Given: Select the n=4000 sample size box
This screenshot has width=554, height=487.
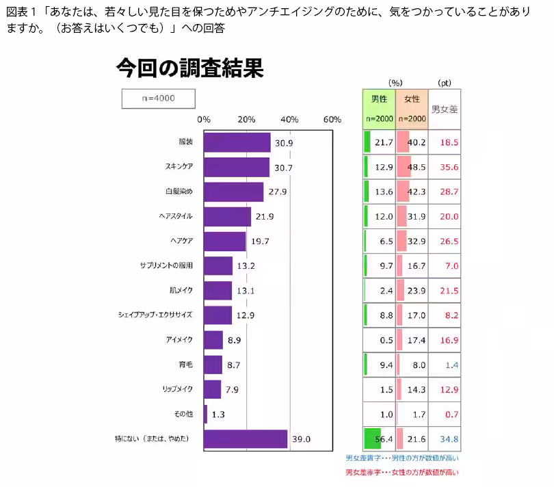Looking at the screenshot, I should pos(158,98).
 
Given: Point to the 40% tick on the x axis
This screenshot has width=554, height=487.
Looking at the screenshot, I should pos(289,119).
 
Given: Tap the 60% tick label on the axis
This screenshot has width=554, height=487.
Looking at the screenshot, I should pos(332,119).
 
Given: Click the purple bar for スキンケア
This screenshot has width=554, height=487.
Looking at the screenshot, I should pos(236,167).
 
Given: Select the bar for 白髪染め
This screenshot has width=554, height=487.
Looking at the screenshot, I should pos(233,192).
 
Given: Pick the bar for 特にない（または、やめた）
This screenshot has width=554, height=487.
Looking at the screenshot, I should pos(245,438).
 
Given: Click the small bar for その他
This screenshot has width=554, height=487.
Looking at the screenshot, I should pos(205,414).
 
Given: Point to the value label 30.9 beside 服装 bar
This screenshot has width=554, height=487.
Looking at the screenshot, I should pos(284,143).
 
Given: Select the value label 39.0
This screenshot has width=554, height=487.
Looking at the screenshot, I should pos(302,439).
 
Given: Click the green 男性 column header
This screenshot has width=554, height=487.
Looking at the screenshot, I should pos(379,108).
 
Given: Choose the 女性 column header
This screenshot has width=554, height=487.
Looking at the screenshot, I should pos(412,108).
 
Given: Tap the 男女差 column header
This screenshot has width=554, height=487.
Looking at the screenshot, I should pos(444,109).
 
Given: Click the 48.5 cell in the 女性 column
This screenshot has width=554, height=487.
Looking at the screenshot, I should pos(416,167).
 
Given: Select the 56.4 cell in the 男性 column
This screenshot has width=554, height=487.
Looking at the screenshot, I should pos(383,438).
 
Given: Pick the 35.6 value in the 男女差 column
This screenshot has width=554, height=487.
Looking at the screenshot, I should pos(449,167).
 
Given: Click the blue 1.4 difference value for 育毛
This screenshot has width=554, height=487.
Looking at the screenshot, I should pos(451,365).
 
